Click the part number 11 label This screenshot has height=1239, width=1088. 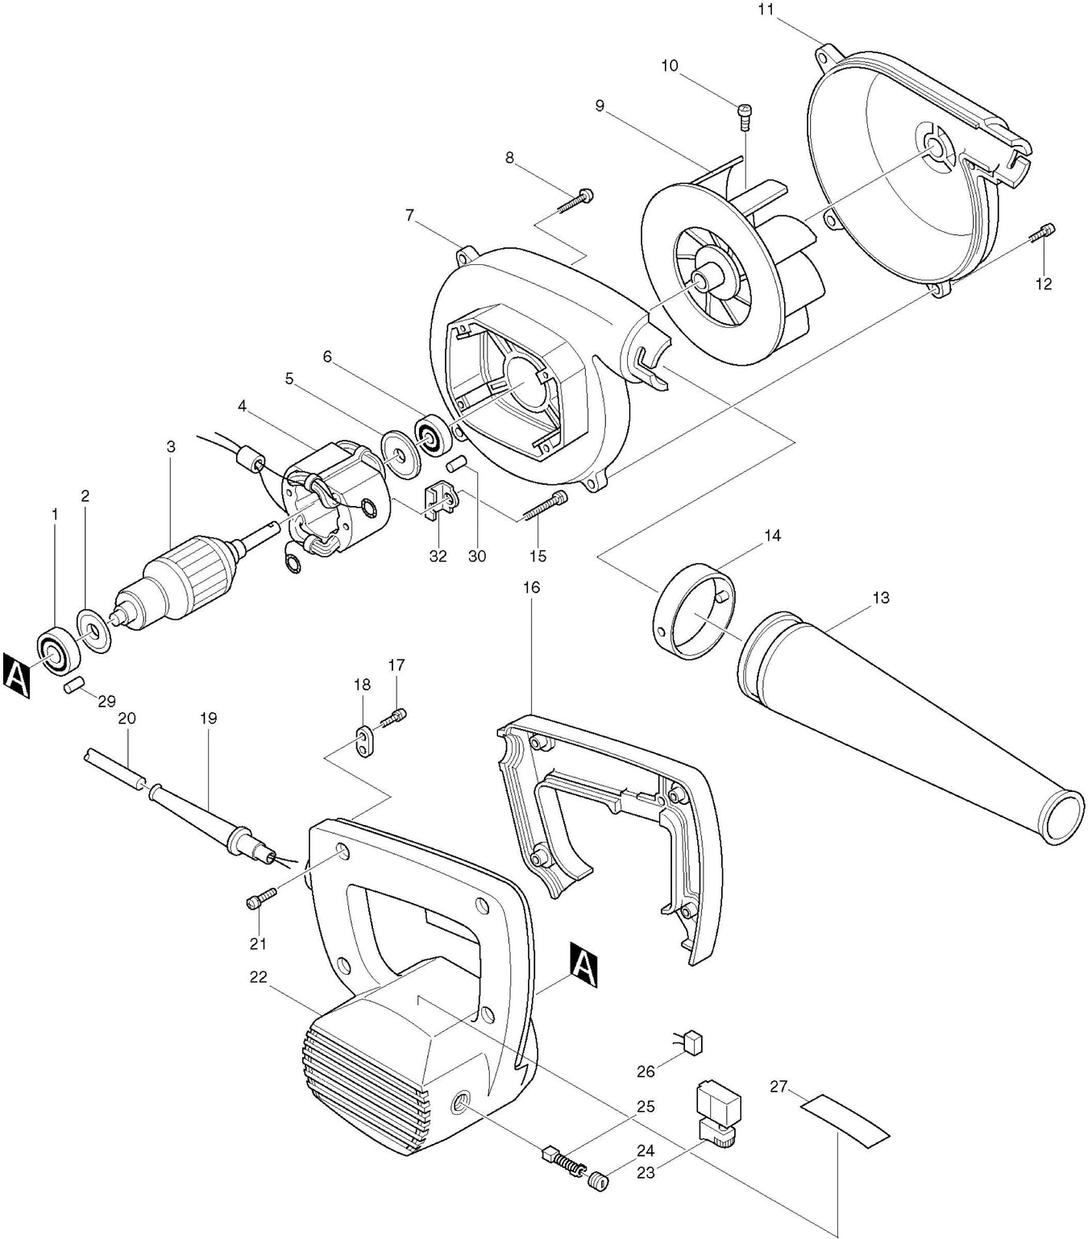tap(766, 10)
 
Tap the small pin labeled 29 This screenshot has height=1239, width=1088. tap(75, 686)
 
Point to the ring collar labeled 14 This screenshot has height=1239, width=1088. tap(693, 613)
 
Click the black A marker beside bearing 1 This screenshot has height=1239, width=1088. tap(17, 675)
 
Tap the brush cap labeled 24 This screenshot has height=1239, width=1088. tap(598, 1182)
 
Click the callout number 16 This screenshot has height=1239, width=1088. tap(531, 587)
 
